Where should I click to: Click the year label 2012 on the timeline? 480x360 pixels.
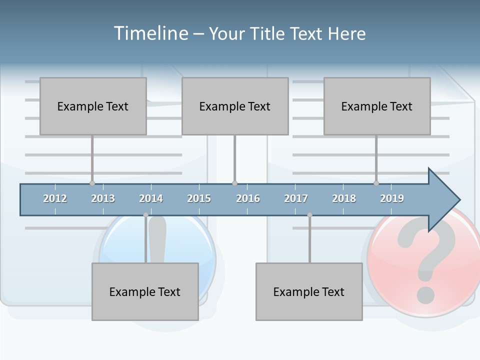[55, 198]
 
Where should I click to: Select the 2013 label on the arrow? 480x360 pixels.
[103, 198]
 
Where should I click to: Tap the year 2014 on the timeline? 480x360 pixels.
[151, 198]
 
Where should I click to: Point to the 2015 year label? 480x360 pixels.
[199, 198]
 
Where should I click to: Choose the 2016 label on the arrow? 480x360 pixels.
[248, 198]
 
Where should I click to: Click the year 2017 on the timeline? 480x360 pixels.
[296, 198]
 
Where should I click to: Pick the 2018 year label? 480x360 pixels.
[344, 198]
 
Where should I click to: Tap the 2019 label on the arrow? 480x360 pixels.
[392, 198]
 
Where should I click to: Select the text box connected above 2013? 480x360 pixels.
[93, 106]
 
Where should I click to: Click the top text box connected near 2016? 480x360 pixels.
[235, 106]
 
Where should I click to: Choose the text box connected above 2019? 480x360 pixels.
[377, 106]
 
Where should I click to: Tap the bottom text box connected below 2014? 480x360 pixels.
[145, 291]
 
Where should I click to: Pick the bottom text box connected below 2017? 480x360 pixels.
[309, 291]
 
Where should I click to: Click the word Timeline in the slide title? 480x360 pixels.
[150, 33]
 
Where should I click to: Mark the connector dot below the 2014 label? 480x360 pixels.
[146, 215]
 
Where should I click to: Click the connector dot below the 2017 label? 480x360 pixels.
[309, 215]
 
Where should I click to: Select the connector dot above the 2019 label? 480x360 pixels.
[376, 183]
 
